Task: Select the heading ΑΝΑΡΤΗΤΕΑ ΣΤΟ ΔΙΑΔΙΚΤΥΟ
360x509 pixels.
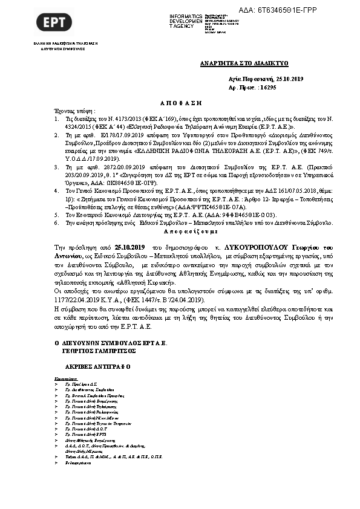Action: click(244, 63)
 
